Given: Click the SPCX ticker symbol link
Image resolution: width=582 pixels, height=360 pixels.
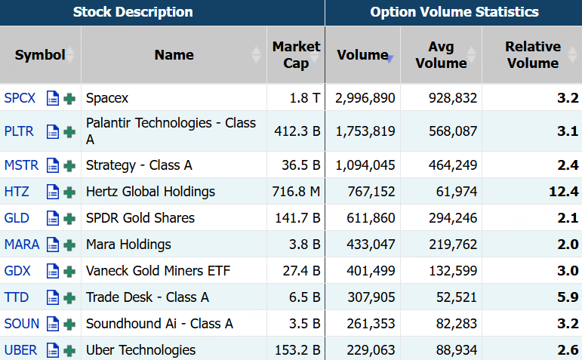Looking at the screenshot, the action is [x=20, y=98].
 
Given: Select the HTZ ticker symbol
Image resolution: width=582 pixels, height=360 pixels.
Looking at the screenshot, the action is [x=17, y=192].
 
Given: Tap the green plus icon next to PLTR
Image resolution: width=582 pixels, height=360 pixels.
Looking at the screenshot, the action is [x=69, y=132].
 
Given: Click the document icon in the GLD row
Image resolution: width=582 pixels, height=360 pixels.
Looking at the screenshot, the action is [x=53, y=218].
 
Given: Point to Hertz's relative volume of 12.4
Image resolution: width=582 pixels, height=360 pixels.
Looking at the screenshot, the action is [x=563, y=192].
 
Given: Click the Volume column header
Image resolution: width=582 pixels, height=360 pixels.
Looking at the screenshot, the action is [x=362, y=55].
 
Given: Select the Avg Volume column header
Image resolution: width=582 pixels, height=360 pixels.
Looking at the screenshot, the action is [x=441, y=55].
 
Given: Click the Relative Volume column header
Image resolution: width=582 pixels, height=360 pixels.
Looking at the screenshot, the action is [x=533, y=55].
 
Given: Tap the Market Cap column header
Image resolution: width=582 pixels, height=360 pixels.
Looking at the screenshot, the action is [x=296, y=55].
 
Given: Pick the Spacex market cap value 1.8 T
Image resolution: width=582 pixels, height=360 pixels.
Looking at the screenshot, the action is [x=305, y=98].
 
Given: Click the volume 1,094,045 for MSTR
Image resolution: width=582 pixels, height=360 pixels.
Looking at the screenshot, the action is [x=365, y=165].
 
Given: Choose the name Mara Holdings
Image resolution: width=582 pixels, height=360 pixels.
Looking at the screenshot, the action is [x=128, y=245].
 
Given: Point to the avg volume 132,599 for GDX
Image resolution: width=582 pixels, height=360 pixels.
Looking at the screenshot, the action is [x=453, y=270].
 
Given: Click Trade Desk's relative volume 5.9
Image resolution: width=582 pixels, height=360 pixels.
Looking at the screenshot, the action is [x=568, y=297].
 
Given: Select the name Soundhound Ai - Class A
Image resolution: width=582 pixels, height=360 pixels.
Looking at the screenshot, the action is [x=159, y=324].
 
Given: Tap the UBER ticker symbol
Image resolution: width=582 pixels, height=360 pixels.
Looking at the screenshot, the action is [x=21, y=350].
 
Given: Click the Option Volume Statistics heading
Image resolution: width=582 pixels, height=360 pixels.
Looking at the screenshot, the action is [x=454, y=12].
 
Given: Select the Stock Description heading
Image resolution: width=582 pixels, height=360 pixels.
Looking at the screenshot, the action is [x=133, y=12].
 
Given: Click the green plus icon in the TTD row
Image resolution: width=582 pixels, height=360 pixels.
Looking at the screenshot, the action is [x=69, y=297].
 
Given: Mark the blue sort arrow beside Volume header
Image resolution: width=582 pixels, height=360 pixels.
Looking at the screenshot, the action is [x=390, y=59].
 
